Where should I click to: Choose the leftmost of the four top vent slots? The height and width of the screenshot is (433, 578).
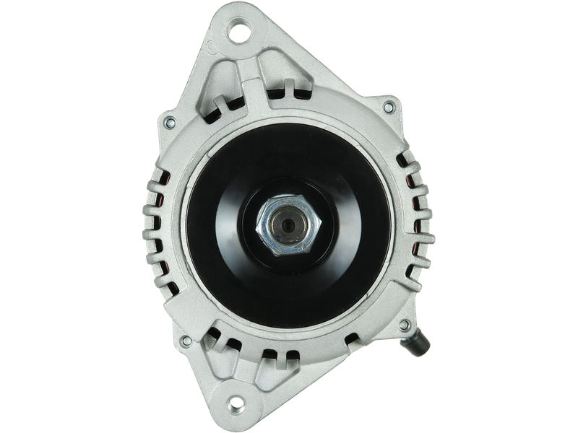point(215,111)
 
